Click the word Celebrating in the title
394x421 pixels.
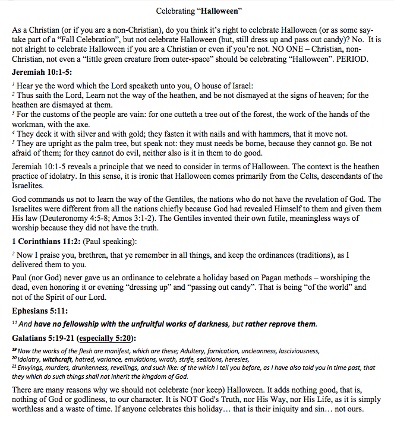[174, 11]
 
